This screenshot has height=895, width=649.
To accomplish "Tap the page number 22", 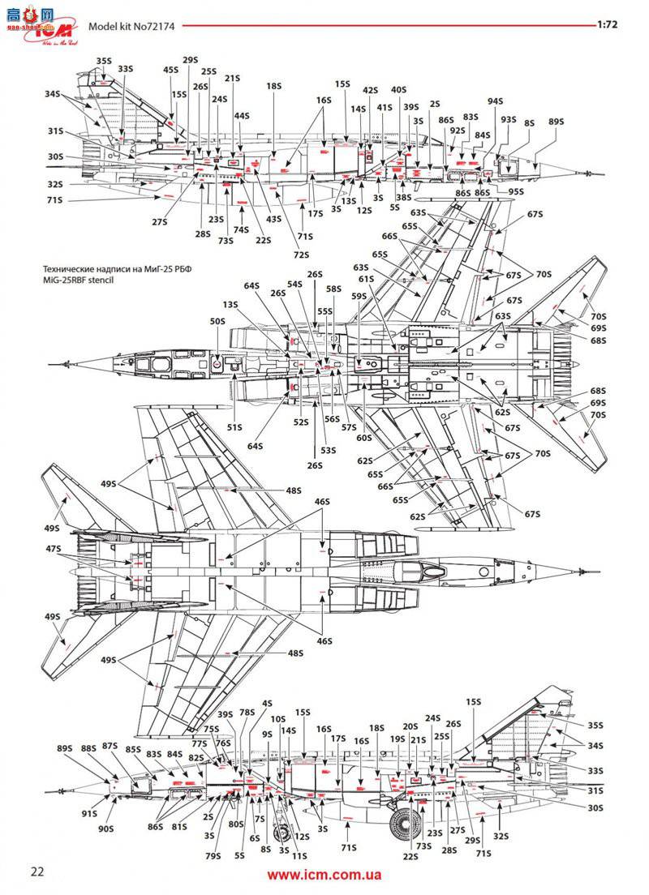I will [x=37, y=871].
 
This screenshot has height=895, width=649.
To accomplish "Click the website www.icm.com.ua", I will [x=324, y=875].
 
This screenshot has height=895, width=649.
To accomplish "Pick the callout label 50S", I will [x=217, y=322].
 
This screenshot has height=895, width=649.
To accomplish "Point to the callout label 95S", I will [x=517, y=191].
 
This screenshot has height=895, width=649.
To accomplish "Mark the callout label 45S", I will [x=170, y=71].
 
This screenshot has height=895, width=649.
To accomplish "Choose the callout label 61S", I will [x=365, y=279].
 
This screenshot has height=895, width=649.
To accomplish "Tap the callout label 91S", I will [x=89, y=812].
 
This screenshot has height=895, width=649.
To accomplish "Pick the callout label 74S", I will [x=241, y=229].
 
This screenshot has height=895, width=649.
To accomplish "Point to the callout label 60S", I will [x=363, y=438].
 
